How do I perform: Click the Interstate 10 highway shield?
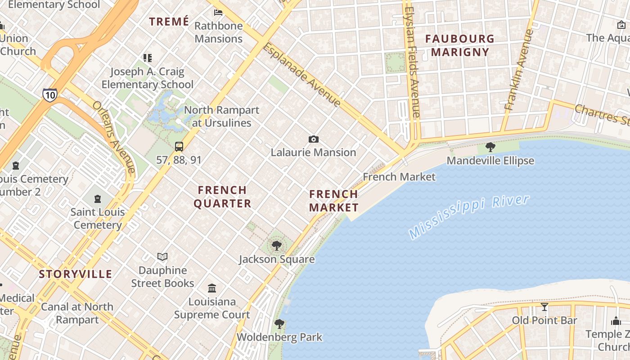point(50,95)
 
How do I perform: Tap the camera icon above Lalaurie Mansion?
point(313,139)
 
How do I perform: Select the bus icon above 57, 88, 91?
point(179,146)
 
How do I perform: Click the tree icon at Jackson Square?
point(277,246)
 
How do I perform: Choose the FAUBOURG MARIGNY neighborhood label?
point(459,45)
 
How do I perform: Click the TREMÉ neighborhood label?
point(169,22)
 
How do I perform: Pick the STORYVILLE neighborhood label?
point(75,274)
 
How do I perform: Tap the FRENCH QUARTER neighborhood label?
point(222,197)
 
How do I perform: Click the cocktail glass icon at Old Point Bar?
point(544,307)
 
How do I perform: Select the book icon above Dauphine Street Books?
point(162,256)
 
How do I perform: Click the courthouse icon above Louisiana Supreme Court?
point(211,288)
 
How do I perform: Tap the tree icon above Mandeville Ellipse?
point(490,147)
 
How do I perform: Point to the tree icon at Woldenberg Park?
point(279,324)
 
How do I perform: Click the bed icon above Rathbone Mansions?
point(218,12)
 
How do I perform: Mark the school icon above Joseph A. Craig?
point(147,58)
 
